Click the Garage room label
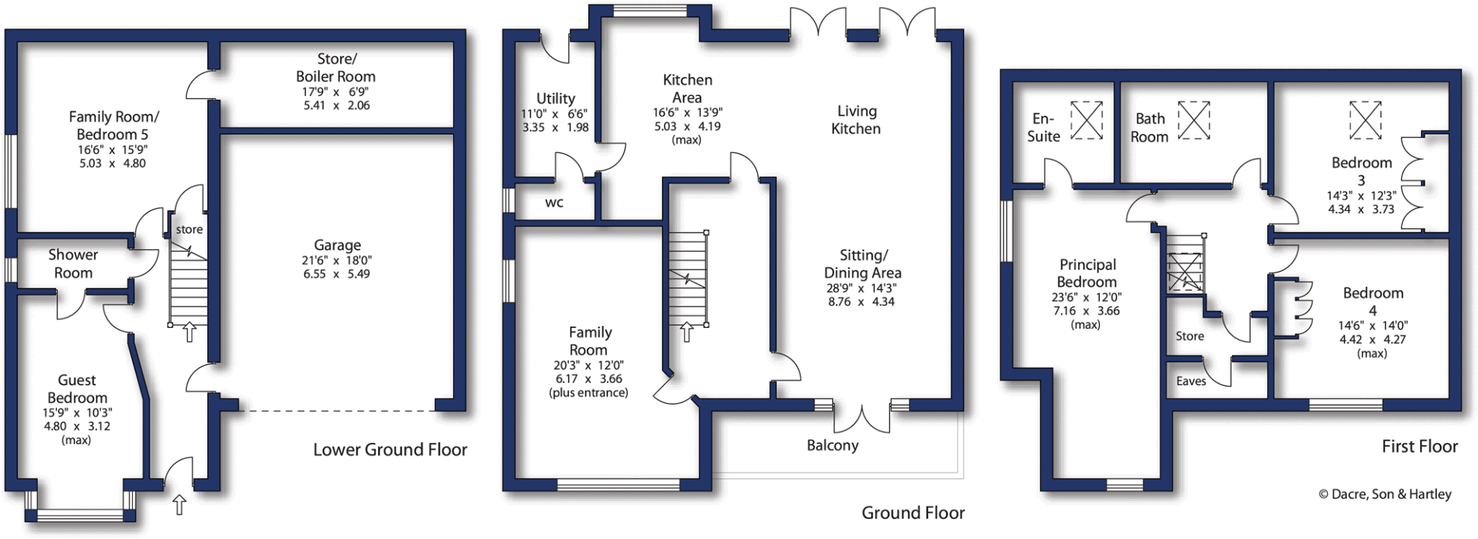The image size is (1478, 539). click(x=337, y=246)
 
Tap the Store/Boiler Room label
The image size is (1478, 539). click(x=336, y=67)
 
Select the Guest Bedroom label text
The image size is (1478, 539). click(x=76, y=389)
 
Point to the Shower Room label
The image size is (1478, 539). click(x=73, y=264)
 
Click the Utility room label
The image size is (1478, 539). click(x=555, y=98)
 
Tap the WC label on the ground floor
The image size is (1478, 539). click(x=554, y=203)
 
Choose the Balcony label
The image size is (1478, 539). click(x=832, y=445)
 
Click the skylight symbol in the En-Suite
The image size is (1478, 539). click(x=1086, y=120)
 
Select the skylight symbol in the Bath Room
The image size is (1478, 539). click(x=1194, y=120)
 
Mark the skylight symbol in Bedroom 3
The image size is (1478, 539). click(x=1365, y=119)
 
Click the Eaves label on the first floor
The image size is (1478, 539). click(x=1191, y=381)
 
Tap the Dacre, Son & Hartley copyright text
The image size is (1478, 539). click(x=1384, y=494)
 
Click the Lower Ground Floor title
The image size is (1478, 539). click(x=390, y=449)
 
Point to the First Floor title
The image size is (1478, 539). click(x=1419, y=447)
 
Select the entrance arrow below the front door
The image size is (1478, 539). click(x=179, y=504)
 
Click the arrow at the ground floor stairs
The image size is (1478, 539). click(x=686, y=332)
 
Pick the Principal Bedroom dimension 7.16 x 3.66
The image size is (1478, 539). click(x=1086, y=311)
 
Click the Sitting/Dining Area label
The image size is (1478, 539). click(x=862, y=264)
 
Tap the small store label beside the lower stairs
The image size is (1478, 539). click(x=189, y=229)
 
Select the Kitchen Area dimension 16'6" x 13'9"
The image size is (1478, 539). click(x=687, y=113)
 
